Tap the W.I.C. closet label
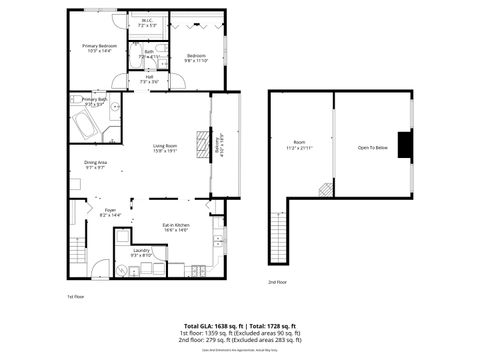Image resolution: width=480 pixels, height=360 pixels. [x=146, y=22]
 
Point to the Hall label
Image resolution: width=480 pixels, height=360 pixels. [x=149, y=79]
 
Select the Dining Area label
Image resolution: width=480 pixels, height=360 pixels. [x=96, y=164]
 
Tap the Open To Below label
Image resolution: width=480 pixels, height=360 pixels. [x=372, y=147]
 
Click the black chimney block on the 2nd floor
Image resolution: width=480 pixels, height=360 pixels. [x=403, y=146]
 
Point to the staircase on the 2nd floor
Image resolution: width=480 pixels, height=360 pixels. [x=278, y=243]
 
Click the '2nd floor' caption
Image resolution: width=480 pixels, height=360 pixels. [x=278, y=282]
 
